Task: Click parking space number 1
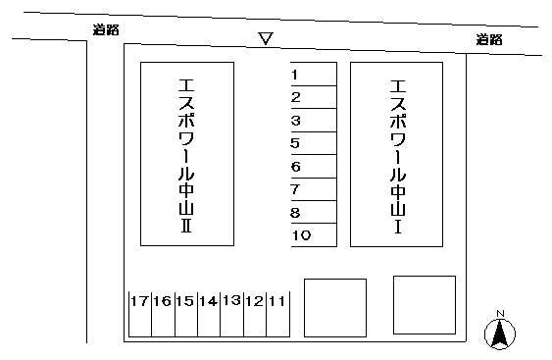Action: [x=314, y=74]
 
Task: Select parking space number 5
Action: [x=314, y=143]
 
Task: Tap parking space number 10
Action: [x=314, y=235]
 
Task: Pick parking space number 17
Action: [x=140, y=314]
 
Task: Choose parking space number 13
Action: [x=232, y=314]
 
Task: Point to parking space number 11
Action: [x=277, y=314]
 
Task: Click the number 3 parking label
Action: [x=296, y=121]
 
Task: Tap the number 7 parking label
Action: [x=295, y=189]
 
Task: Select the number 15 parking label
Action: [x=185, y=301]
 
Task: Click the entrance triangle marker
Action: [x=266, y=38]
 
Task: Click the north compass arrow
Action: [x=500, y=334]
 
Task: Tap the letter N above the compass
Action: [x=500, y=314]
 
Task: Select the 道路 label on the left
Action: [x=106, y=29]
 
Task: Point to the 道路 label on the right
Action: [x=489, y=39]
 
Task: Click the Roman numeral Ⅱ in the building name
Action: [x=186, y=226]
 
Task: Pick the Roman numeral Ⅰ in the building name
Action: [x=398, y=227]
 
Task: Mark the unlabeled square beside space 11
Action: [x=335, y=308]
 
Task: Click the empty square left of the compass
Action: [x=425, y=305]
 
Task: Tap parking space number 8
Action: [x=314, y=212]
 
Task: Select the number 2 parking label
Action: [x=296, y=97]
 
